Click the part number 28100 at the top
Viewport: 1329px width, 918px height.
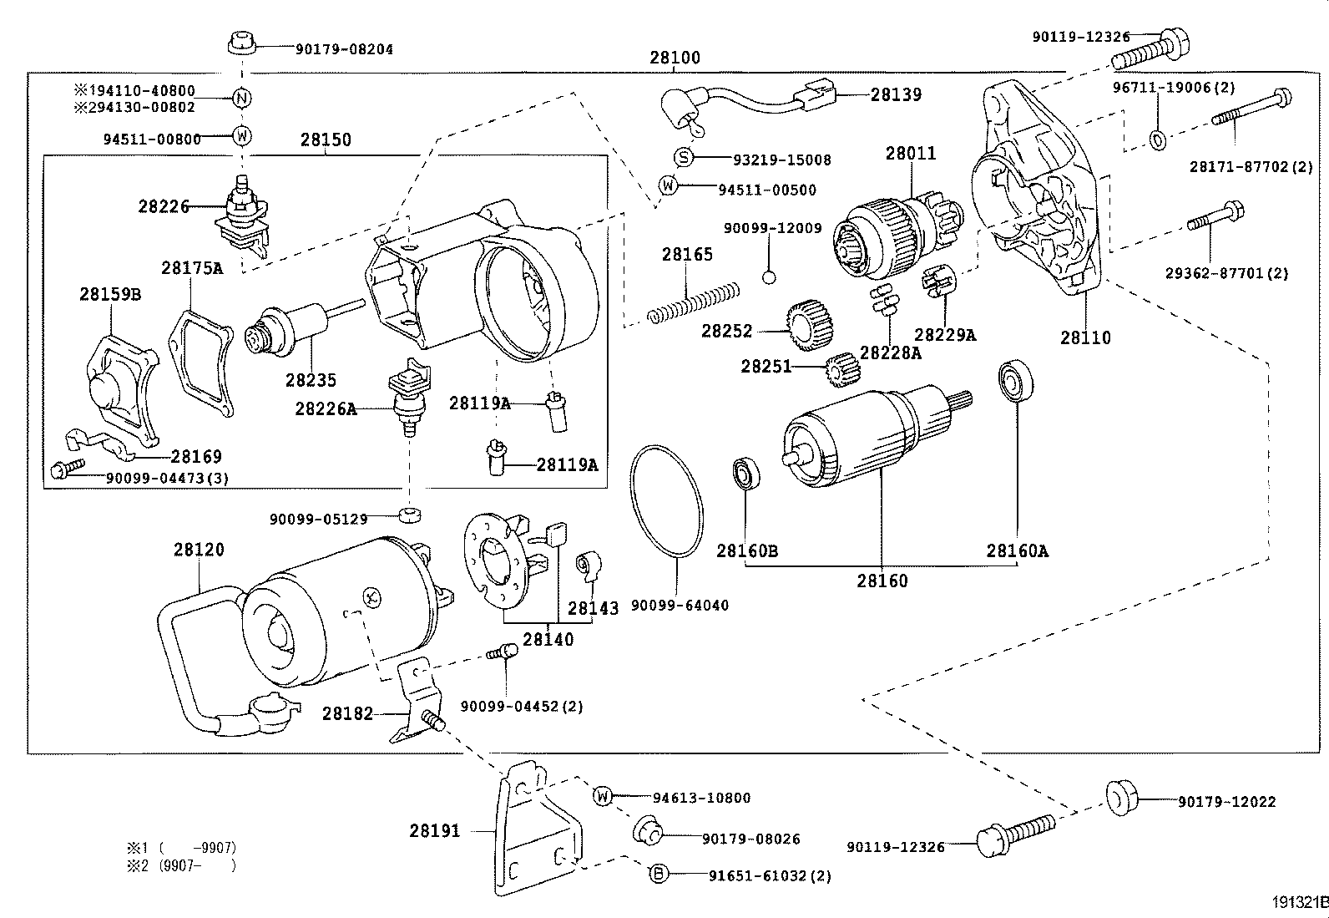pyautogui.click(x=675, y=58)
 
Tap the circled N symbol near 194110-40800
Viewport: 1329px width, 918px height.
pyautogui.click(x=240, y=99)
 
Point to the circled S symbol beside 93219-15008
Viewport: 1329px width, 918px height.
pyautogui.click(x=683, y=157)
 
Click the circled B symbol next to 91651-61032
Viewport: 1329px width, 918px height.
pyautogui.click(x=659, y=875)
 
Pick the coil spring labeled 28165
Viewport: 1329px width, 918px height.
pyautogui.click(x=694, y=302)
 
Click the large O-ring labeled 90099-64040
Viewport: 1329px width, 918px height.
pyautogui.click(x=665, y=501)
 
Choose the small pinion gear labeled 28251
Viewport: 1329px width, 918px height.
pyautogui.click(x=842, y=369)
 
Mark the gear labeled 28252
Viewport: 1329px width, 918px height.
pyautogui.click(x=805, y=325)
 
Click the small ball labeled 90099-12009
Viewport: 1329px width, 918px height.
pyautogui.click(x=770, y=277)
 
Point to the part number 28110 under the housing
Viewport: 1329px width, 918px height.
pyautogui.click(x=1085, y=337)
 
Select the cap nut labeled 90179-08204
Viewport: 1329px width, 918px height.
pyautogui.click(x=240, y=43)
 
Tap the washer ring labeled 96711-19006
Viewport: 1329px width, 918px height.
pyautogui.click(x=1158, y=139)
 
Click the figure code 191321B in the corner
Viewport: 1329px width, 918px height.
pyautogui.click(x=1299, y=902)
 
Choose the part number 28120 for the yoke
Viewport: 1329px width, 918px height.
pyautogui.click(x=199, y=550)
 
